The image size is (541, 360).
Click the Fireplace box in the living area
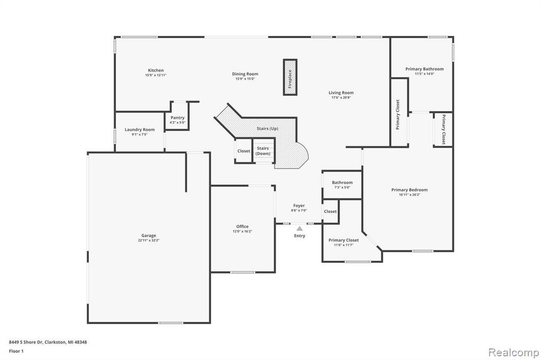click(290, 77)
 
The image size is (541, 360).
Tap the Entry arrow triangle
click(300, 228)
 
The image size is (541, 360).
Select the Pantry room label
click(178, 118)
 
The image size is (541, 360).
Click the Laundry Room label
click(139, 130)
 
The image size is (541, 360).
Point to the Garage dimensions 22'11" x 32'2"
click(148, 240)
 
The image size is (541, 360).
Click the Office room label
click(242, 226)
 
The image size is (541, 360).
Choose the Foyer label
click(299, 205)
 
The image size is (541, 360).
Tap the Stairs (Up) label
click(267, 129)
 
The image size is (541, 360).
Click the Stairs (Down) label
click(263, 150)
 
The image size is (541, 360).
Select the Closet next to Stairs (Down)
click(244, 151)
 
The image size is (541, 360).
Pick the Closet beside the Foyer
click(330, 211)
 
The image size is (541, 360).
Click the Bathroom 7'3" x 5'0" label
click(342, 183)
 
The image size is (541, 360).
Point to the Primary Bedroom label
click(409, 190)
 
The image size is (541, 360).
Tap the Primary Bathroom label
click(424, 69)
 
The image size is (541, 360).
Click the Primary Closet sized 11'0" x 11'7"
click(343, 240)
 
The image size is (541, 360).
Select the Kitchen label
click(156, 70)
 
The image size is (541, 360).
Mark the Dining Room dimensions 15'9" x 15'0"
click(245, 79)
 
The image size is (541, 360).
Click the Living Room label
click(341, 93)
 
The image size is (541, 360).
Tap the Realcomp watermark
click(514, 353)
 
